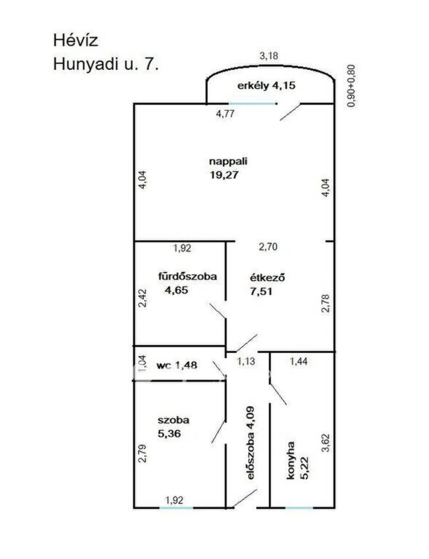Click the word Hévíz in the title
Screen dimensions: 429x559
point(75,41)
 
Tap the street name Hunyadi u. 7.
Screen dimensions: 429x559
point(106,64)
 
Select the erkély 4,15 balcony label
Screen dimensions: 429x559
point(266,85)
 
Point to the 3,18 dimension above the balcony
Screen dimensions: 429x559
point(269,55)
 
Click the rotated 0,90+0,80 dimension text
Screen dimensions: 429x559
point(351,85)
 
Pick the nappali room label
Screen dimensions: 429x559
point(228,162)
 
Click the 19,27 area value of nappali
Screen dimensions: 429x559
point(225,175)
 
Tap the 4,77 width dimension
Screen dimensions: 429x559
point(225,113)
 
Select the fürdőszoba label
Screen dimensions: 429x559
point(187,276)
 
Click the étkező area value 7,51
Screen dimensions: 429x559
point(261,291)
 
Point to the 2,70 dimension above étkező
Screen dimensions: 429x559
point(268,247)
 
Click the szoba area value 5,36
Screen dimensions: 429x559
point(169,434)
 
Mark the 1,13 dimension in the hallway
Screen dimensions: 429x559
point(246,361)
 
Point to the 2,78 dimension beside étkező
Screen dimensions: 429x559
point(326,303)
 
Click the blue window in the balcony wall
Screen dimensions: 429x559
point(252,104)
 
